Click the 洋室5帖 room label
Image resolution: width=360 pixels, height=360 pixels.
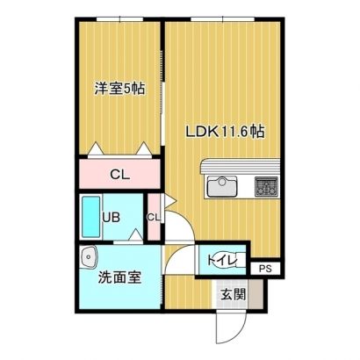pos(119,88)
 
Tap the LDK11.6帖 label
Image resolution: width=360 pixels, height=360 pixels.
pos(226,132)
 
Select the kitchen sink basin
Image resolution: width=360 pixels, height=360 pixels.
pos(222,187)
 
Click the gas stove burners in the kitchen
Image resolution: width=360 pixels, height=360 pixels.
pos(266,186)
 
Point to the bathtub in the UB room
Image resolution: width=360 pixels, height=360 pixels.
pos(90,217)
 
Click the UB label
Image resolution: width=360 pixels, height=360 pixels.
pos(111,218)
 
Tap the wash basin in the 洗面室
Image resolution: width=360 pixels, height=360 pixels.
pos(89,256)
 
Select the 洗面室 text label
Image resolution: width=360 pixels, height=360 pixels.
pos(119,277)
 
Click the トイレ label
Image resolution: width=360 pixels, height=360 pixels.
pos(221,260)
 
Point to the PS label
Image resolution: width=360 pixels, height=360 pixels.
pos(265,269)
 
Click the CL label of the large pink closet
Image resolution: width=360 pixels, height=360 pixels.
pos(119,175)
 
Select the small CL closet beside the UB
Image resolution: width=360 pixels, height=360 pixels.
pos(154,217)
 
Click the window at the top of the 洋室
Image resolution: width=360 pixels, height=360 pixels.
pos(120,19)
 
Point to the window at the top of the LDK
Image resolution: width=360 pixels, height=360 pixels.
pos(223,19)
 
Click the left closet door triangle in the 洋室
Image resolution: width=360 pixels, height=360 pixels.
pos(96,149)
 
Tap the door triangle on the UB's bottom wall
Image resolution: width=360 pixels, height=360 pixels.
pos(135,234)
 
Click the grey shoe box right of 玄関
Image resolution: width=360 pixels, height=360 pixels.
pos(256,294)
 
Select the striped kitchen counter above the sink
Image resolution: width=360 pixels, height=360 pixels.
pos(240,167)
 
